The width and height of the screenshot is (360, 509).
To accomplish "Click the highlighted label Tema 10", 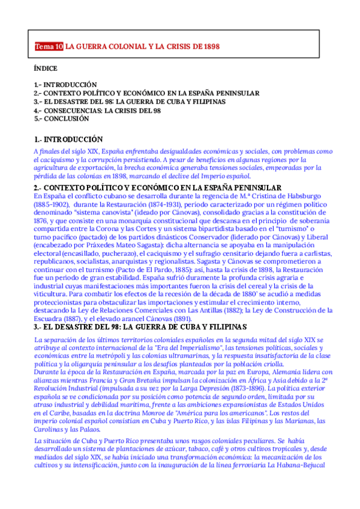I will coord(49,46).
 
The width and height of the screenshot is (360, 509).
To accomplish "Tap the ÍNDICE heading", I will coord(46,69).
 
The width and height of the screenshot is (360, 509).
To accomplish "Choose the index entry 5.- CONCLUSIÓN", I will coord(61,119).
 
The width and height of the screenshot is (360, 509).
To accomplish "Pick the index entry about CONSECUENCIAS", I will coord(97,110).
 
